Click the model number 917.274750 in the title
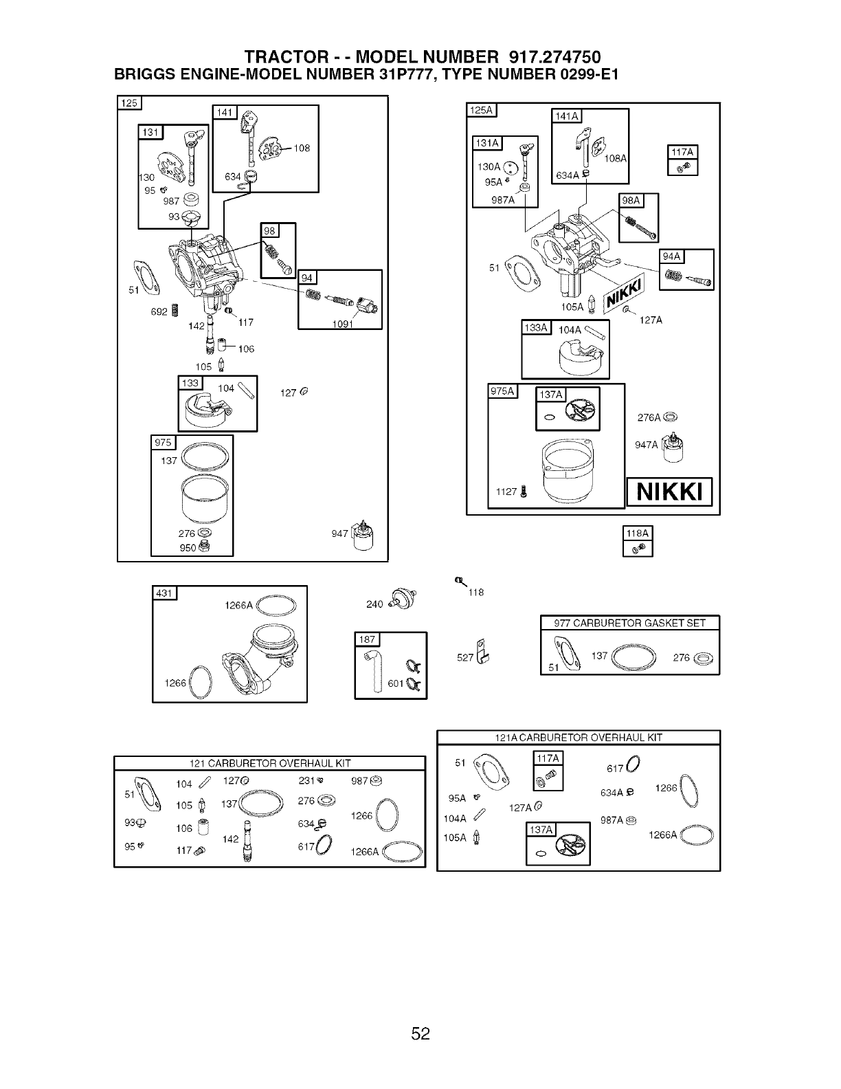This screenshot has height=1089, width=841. pyautogui.click(x=554, y=57)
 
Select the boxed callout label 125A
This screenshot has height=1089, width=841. pyautogui.click(x=482, y=110)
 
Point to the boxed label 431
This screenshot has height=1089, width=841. pyautogui.click(x=165, y=593)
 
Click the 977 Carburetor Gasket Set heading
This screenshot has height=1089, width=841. pyautogui.click(x=630, y=624)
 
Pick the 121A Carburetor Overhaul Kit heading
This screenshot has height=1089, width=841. pyautogui.click(x=578, y=738)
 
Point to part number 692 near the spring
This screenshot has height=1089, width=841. pyautogui.click(x=159, y=312)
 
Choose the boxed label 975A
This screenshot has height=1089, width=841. pyautogui.click(x=502, y=392)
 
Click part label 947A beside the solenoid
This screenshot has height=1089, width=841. pyautogui.click(x=646, y=445)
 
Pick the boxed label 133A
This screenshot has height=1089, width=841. pyautogui.click(x=536, y=327)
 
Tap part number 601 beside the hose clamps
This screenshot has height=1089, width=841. pyautogui.click(x=396, y=683)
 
